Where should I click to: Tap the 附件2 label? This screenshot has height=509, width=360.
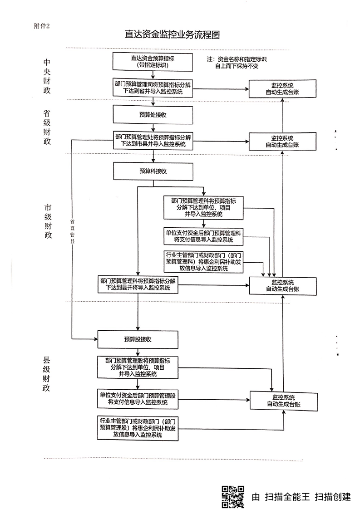[44, 25]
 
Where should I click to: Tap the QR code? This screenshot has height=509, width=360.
[232, 496]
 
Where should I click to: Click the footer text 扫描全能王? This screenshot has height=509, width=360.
[286, 496]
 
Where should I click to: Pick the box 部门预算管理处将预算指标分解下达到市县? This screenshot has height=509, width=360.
[153, 140]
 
